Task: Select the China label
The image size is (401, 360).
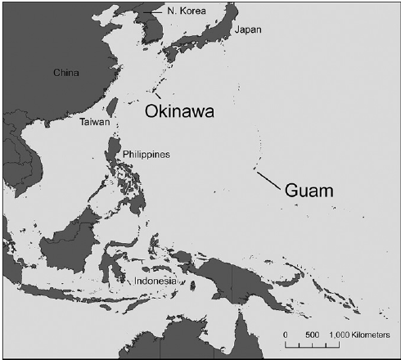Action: point(65,73)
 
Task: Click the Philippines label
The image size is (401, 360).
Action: point(146,154)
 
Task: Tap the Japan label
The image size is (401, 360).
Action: point(248,30)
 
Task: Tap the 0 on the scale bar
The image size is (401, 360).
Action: point(286,335)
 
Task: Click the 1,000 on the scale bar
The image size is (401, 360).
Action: point(340,335)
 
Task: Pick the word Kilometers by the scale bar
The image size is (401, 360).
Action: point(374,335)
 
